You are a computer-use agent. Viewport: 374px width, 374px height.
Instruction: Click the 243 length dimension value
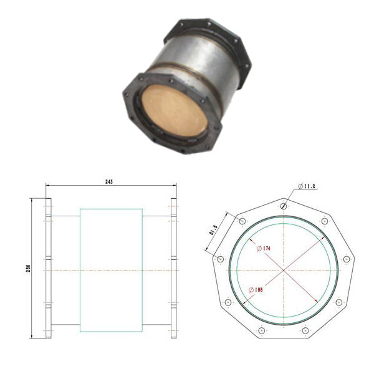tap(110, 181)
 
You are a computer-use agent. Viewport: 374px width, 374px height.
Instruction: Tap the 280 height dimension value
tap(28, 269)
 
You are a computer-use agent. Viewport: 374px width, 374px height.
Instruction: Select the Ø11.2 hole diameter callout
tap(308, 186)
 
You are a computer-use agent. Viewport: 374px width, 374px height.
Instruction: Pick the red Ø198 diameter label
tap(255, 290)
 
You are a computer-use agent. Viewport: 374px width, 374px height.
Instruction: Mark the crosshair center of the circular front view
tap(284, 270)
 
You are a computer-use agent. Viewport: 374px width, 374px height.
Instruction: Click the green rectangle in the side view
tap(111, 269)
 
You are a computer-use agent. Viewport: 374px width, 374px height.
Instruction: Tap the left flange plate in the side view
tap(48, 269)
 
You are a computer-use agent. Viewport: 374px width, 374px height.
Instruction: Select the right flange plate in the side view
tap(173, 269)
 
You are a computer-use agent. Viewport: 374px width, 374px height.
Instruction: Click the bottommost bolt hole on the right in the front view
tap(305, 330)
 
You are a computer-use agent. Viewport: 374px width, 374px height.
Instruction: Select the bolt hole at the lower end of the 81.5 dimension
tap(220, 258)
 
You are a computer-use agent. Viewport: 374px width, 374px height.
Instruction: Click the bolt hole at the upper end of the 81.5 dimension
tap(242, 222)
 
